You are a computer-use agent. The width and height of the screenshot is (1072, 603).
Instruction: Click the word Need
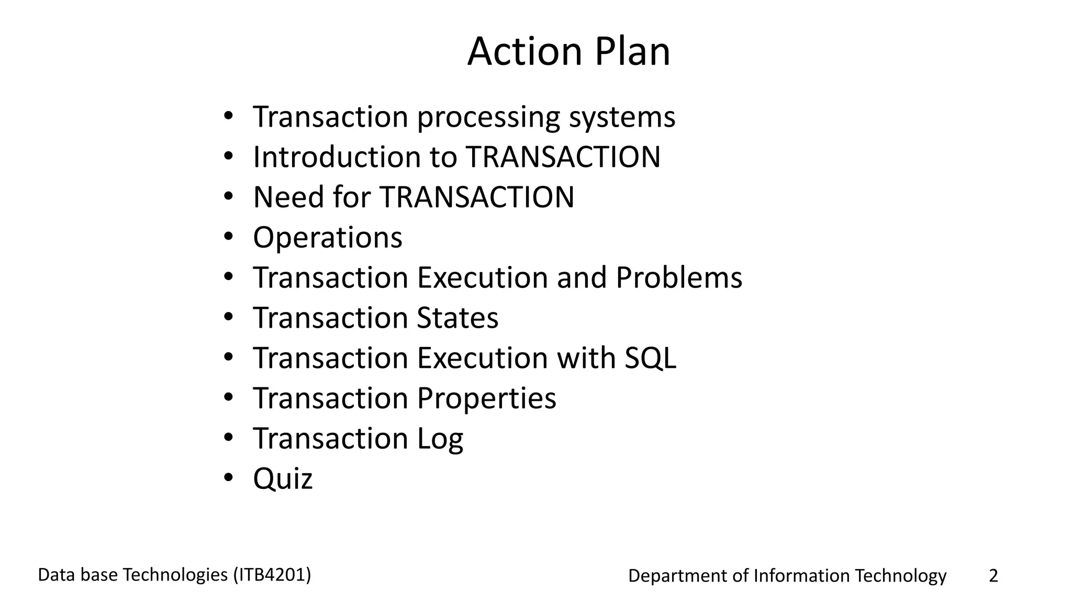[x=286, y=197]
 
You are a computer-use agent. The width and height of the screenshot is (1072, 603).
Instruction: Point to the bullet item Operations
[x=328, y=238]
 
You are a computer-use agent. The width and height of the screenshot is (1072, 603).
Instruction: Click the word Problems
[x=678, y=277]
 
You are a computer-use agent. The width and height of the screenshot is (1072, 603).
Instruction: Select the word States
[x=457, y=318]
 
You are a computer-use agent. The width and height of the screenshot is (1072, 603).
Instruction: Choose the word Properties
[x=486, y=398]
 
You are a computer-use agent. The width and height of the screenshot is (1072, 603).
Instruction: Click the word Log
[x=440, y=439]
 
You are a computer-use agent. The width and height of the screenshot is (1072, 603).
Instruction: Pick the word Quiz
[x=283, y=479]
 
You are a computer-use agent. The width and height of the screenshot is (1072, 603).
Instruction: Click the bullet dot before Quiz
[x=228, y=478]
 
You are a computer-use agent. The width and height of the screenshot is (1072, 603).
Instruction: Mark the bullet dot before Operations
[x=228, y=237]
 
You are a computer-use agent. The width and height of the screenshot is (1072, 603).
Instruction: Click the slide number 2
[x=993, y=576]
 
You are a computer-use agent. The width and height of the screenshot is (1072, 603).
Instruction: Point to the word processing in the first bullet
[x=488, y=117]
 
